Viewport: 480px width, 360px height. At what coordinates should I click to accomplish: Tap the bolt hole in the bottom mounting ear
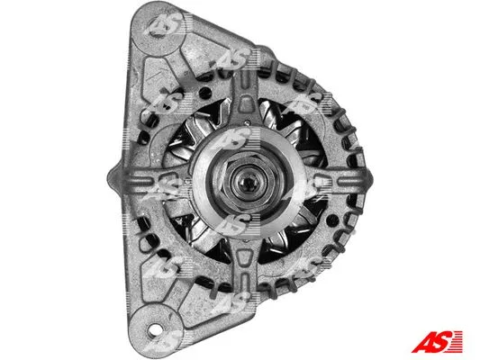pyautogui.click(x=165, y=339)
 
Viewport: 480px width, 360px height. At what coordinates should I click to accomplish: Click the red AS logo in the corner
pyautogui.click(x=438, y=339)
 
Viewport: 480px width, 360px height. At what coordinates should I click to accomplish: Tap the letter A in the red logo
pyautogui.click(x=423, y=339)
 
